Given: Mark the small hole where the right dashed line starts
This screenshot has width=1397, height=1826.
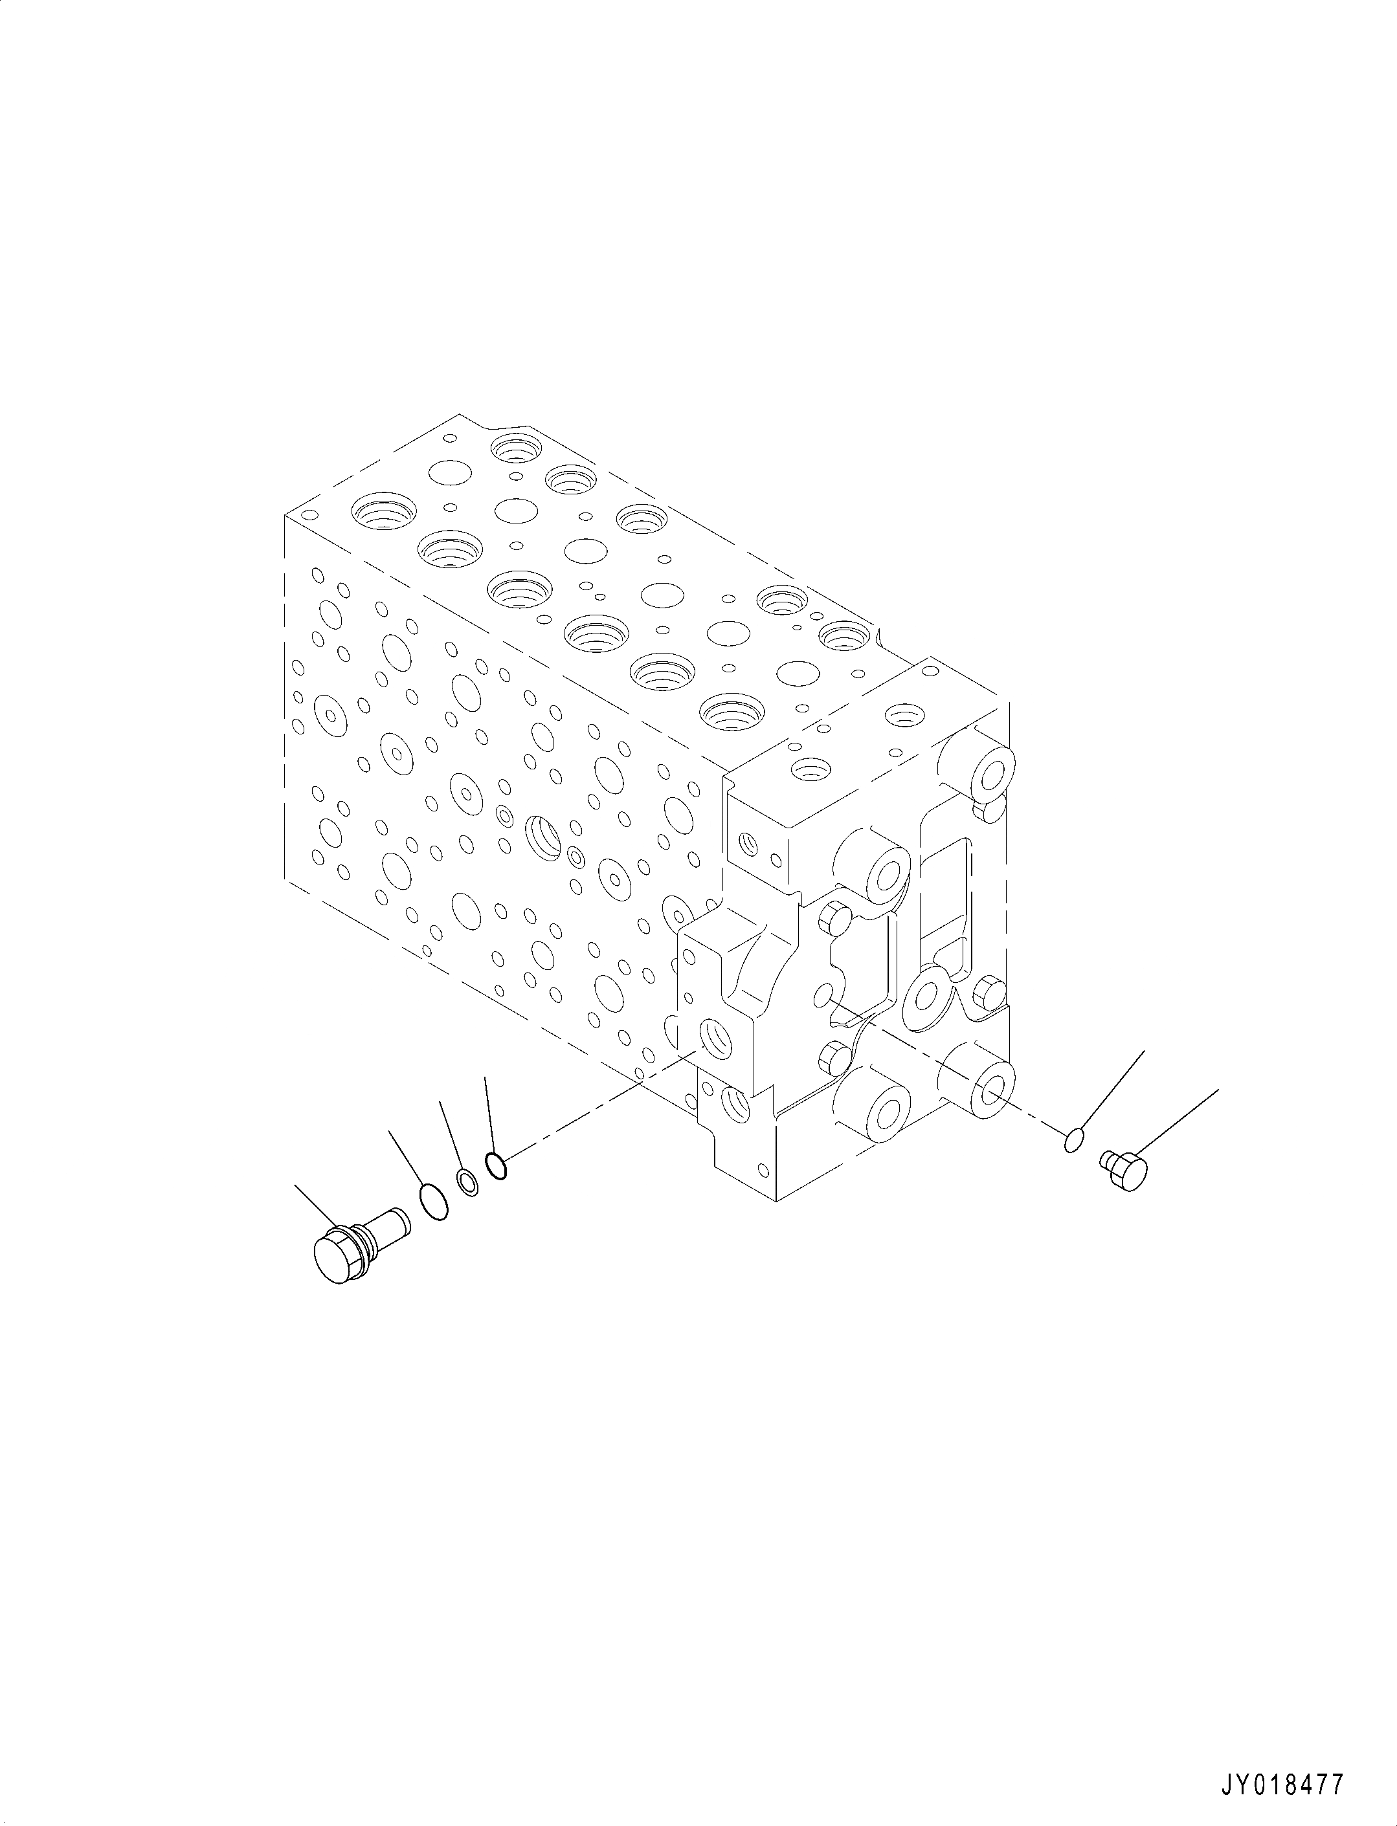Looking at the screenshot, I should (x=823, y=995).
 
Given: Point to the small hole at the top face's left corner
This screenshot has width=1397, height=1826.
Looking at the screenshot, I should (x=312, y=517).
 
